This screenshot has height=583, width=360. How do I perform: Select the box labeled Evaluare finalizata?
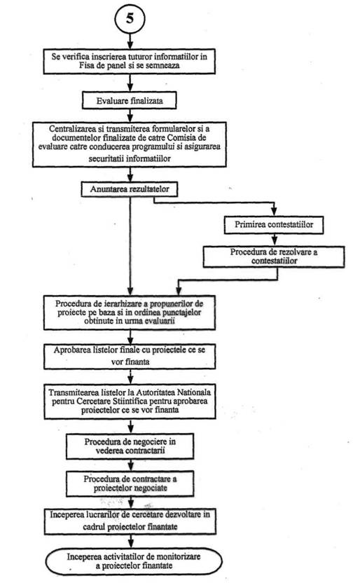(130, 101)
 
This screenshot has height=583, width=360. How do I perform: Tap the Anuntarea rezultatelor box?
(130, 189)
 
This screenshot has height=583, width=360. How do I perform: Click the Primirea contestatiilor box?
(274, 225)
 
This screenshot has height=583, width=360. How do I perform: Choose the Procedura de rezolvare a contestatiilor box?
(274, 256)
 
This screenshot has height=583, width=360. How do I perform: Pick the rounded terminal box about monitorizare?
(134, 561)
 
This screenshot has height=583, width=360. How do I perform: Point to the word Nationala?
(193, 392)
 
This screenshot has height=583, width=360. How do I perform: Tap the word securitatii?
(106, 159)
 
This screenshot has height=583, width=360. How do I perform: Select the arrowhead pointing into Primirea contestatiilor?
(274, 212)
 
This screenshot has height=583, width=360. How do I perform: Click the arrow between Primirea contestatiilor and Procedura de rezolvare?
(274, 240)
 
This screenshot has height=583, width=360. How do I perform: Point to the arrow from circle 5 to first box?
(130, 41)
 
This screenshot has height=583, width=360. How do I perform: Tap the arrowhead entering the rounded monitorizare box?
(130, 543)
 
